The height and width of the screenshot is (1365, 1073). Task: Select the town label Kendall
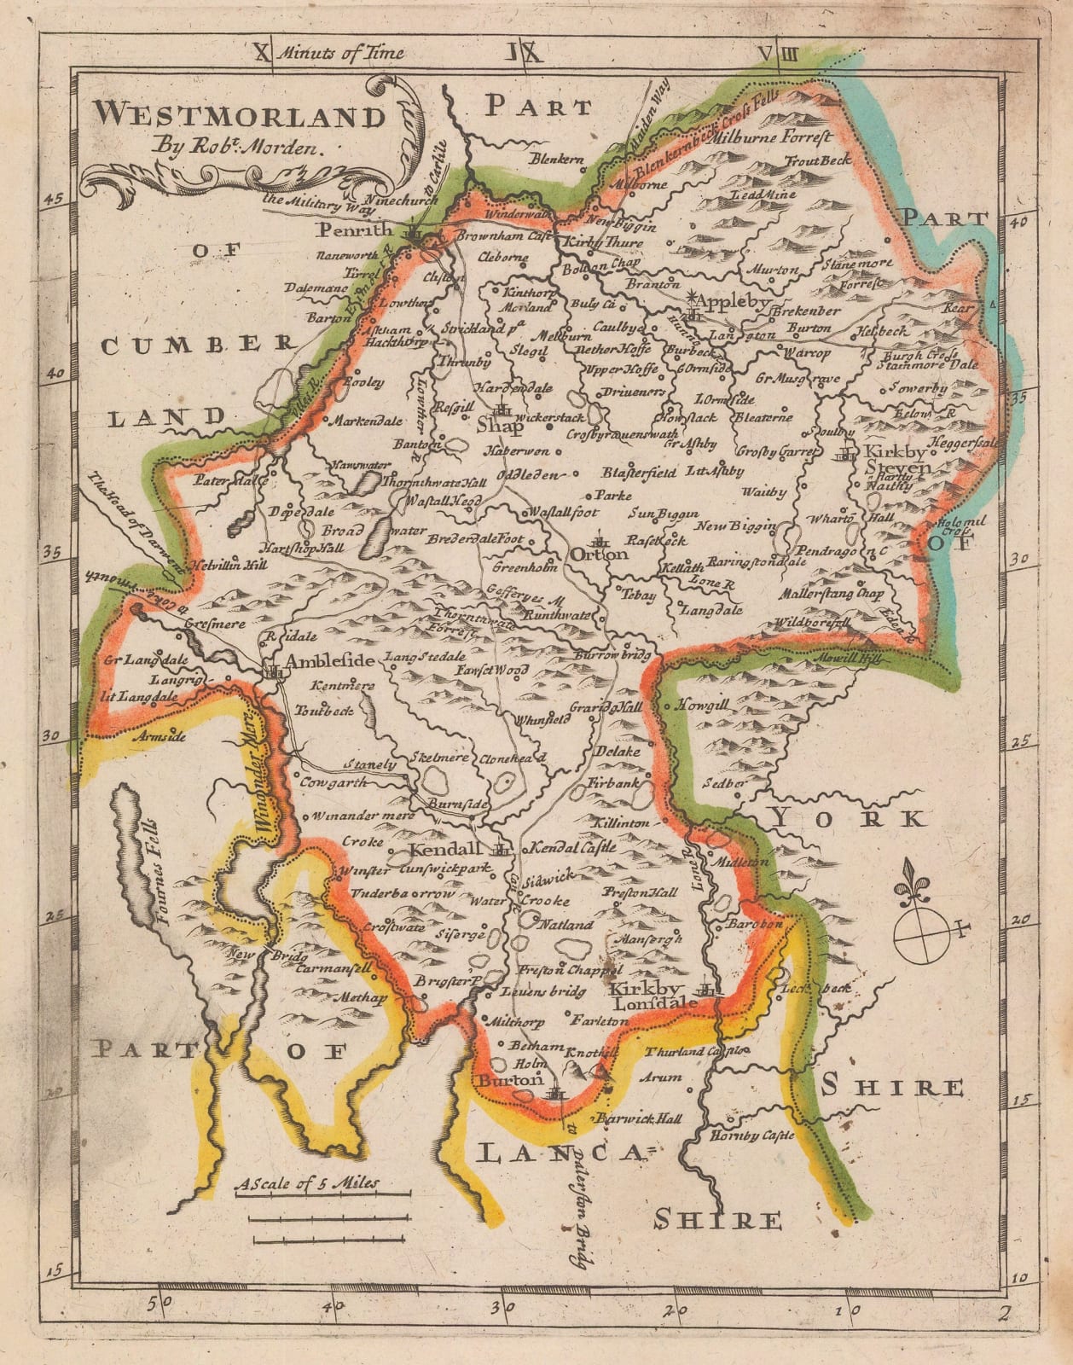pyautogui.click(x=442, y=851)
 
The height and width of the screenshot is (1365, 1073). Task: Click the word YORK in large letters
pyautogui.click(x=846, y=818)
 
